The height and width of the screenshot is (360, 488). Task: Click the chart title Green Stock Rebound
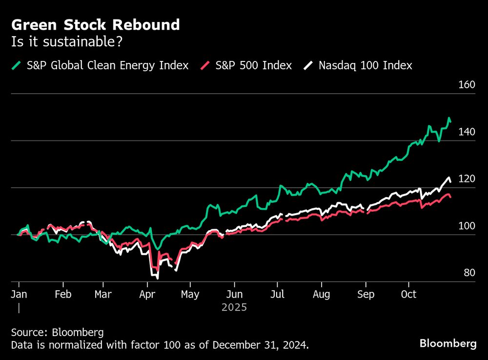pyautogui.click(x=96, y=24)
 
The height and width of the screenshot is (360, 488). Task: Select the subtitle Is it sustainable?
pyautogui.click(x=67, y=42)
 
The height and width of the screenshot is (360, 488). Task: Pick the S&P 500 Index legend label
pyautogui.click(x=253, y=65)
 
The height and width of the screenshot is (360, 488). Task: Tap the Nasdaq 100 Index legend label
pyautogui.click(x=365, y=65)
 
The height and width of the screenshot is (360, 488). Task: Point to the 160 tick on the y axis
pyautogui.click(x=467, y=85)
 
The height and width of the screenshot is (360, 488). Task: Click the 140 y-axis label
pyautogui.click(x=467, y=132)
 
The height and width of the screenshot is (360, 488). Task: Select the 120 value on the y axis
pyautogui.click(x=467, y=179)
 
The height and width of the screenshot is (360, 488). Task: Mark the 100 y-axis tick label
pyautogui.click(x=467, y=226)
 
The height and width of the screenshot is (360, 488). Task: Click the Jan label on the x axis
pyautogui.click(x=19, y=295)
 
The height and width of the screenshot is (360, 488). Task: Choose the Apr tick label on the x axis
pyautogui.click(x=147, y=295)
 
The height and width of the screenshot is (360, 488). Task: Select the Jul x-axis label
pyautogui.click(x=277, y=295)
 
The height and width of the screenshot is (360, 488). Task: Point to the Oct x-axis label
pyautogui.click(x=409, y=295)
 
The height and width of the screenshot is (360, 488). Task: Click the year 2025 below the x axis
pyautogui.click(x=234, y=308)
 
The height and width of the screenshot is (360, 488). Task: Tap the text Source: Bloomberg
pyautogui.click(x=57, y=332)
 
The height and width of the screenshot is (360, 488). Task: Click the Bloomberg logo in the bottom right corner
pyautogui.click(x=448, y=343)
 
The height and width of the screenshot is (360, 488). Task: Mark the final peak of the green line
pyautogui.click(x=448, y=118)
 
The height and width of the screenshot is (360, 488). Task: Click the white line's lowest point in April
pyautogui.click(x=157, y=278)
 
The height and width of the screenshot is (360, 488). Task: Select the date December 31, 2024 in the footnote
pyautogui.click(x=261, y=345)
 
